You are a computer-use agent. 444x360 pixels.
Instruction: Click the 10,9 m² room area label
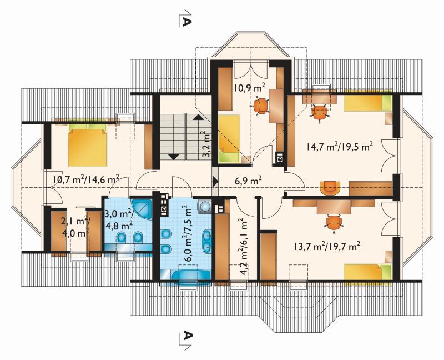(x=249, y=88)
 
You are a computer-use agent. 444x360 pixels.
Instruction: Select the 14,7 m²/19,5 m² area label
(x=339, y=146)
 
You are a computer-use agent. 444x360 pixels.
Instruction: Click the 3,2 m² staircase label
(x=207, y=144)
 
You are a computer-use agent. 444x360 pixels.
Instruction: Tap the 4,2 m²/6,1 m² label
(x=244, y=247)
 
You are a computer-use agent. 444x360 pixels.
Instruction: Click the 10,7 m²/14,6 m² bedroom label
(x=86, y=179)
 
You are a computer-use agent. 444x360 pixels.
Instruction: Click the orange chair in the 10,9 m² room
(x=260, y=106)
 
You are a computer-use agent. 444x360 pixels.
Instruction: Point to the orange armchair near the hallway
(x=330, y=188)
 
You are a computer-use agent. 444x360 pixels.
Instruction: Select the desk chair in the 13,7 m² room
(x=334, y=223)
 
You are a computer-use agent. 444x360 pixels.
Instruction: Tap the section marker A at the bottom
(x=186, y=339)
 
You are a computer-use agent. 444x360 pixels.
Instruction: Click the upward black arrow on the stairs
(x=198, y=117)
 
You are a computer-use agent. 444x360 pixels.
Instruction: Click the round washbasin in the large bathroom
(x=204, y=206)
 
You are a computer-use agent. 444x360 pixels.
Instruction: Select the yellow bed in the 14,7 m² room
(x=368, y=103)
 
